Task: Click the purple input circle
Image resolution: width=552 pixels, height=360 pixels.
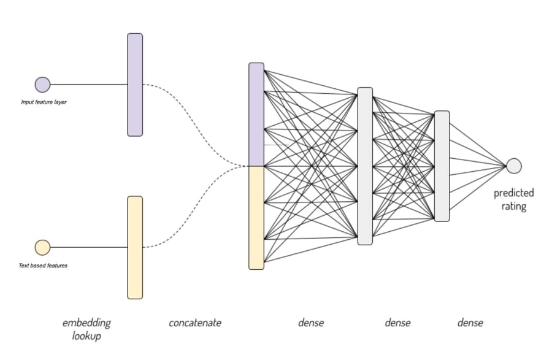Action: [x=42, y=85]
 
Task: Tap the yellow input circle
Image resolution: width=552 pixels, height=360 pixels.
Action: [x=42, y=247]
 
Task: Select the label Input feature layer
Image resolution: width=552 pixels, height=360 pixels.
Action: [x=44, y=102]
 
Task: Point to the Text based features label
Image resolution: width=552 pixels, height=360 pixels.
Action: [x=43, y=266]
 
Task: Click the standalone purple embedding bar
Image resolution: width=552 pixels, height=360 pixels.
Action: [x=135, y=85]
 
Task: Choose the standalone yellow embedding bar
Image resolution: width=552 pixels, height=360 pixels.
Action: [x=135, y=248]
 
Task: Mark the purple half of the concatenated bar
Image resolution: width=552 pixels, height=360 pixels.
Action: [x=256, y=114]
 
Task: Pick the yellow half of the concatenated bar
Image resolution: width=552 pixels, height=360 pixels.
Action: [x=256, y=218]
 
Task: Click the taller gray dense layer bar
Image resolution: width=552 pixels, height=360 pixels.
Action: [x=365, y=166]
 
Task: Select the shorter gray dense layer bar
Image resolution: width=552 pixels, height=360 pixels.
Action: [x=442, y=166]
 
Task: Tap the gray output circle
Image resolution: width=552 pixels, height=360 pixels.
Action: [x=513, y=166]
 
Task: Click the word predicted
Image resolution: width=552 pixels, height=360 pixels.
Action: [x=513, y=193]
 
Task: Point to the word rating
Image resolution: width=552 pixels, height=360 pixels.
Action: [x=513, y=206]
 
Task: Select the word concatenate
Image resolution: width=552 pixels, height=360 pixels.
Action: [x=195, y=323]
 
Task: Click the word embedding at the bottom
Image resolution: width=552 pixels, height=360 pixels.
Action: [x=86, y=323]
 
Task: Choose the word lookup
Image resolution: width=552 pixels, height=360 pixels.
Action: [x=86, y=336]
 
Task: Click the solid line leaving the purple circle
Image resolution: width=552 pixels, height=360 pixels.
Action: [x=89, y=85]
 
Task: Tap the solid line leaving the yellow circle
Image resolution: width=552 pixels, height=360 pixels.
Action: [x=89, y=247]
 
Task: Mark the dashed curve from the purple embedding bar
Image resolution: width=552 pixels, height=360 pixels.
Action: [x=196, y=124]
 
